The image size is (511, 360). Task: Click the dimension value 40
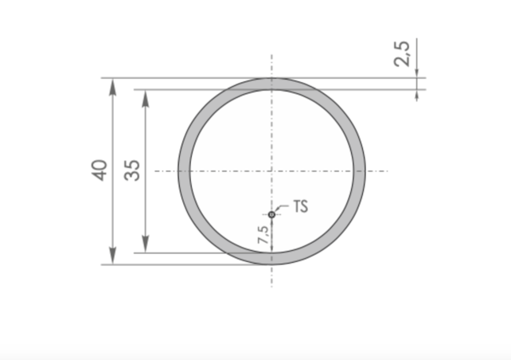click(x=99, y=170)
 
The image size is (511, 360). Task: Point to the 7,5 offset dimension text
click(x=262, y=233)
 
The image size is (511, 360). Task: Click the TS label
click(x=300, y=207)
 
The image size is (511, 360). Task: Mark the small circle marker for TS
click(x=271, y=214)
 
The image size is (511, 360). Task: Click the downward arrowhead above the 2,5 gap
click(x=416, y=72)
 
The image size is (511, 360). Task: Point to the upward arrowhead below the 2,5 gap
click(x=416, y=95)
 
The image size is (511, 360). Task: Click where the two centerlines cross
click(x=271, y=170)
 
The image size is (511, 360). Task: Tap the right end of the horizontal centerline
click(x=388, y=170)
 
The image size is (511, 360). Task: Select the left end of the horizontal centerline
click(x=155, y=170)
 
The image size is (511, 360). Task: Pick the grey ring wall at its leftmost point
click(x=184, y=170)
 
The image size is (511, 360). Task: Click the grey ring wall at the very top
click(x=271, y=84)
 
